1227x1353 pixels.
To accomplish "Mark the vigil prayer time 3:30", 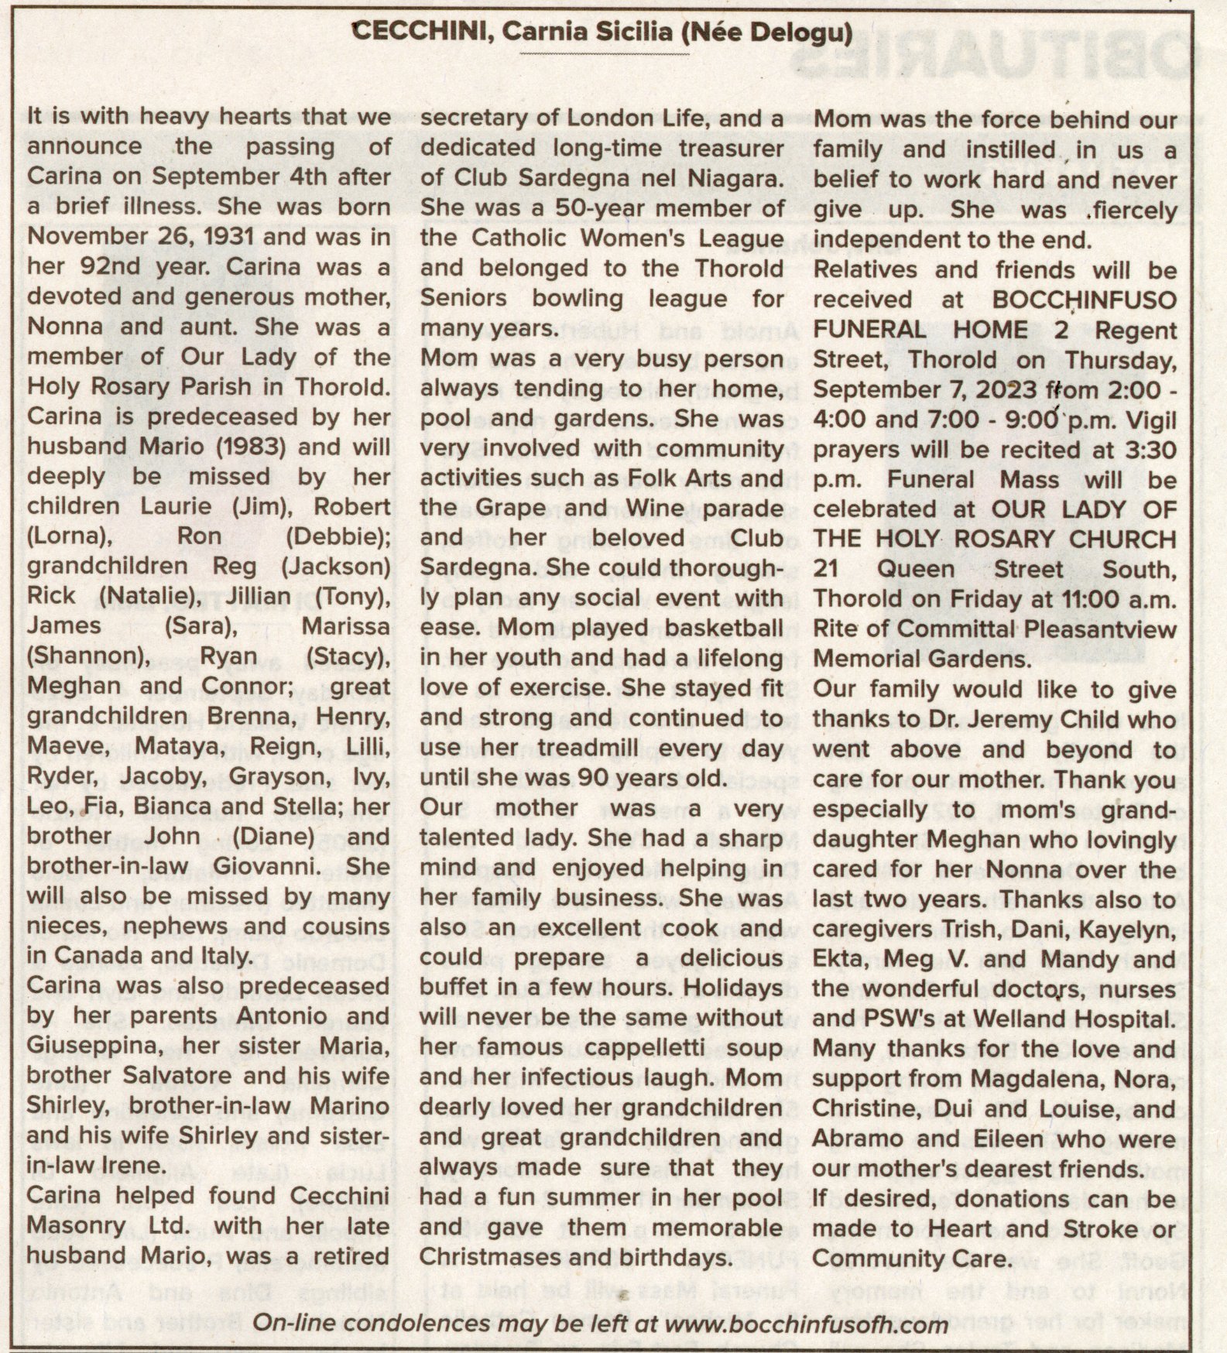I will (x=1152, y=450).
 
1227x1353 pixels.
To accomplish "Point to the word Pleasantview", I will (x=1100, y=630).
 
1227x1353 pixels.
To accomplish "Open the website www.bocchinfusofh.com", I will (x=807, y=1324).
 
